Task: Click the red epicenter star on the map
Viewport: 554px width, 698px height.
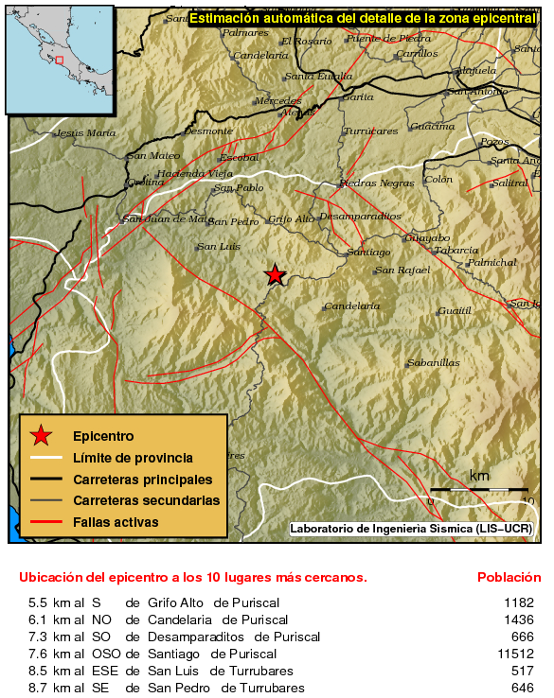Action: [x=275, y=275]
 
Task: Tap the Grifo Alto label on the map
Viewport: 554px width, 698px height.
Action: [x=291, y=219]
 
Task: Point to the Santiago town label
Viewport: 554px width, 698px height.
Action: [x=369, y=253]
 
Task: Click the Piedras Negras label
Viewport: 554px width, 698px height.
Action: [x=376, y=183]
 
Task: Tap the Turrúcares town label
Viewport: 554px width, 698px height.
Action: [x=369, y=131]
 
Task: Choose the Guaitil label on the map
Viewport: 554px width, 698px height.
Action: [x=455, y=311]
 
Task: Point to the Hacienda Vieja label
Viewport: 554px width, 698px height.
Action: [x=194, y=174]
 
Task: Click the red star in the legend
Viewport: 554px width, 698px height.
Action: [x=41, y=436]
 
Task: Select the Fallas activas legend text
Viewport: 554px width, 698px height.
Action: [x=116, y=522]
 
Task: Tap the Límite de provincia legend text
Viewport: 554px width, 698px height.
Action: [x=133, y=458]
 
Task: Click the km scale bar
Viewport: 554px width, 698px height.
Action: [x=478, y=489]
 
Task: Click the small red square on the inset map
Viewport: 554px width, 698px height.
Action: [x=59, y=60]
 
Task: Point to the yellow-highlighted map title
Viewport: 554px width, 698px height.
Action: [x=363, y=18]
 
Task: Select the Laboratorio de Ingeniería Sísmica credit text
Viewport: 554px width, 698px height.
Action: [x=411, y=528]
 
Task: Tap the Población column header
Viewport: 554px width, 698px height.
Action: [x=509, y=577]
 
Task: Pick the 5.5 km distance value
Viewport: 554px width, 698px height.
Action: [x=38, y=602]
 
